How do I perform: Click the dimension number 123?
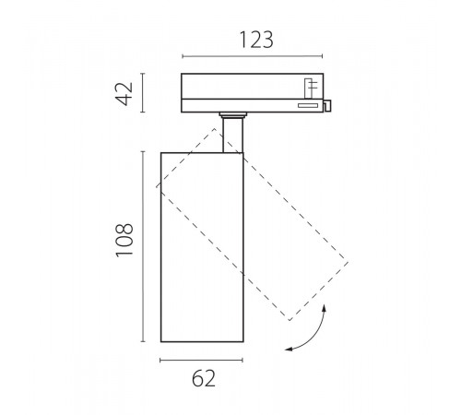pyautogui.click(x=256, y=40)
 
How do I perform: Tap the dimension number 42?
pyautogui.click(x=124, y=93)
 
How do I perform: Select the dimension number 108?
pyautogui.click(x=124, y=240)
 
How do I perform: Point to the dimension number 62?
pyautogui.click(x=204, y=378)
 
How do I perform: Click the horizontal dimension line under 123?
pyautogui.click(x=253, y=56)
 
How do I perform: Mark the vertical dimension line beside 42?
pyautogui.click(x=143, y=93)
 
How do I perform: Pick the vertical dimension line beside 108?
pyautogui.click(x=143, y=246)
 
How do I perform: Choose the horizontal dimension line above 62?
pyautogui.click(x=202, y=360)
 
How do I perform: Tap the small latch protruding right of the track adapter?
pyautogui.click(x=327, y=105)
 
